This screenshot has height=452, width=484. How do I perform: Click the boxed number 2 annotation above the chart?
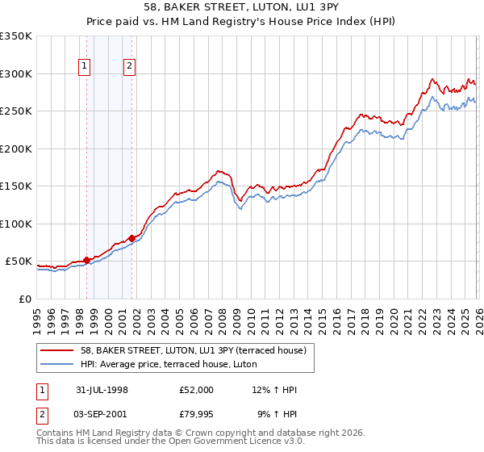[130, 67]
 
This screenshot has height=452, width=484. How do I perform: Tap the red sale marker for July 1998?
[87, 260]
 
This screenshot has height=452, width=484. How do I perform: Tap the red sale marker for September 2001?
[131, 239]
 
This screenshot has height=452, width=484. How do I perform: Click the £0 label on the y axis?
[23, 299]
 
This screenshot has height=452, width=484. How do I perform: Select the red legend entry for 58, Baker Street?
[193, 351]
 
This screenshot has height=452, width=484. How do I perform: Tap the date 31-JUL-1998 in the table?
[101, 390]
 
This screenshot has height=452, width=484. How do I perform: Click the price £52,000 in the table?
[198, 390]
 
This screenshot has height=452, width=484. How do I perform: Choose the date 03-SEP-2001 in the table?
[101, 415]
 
